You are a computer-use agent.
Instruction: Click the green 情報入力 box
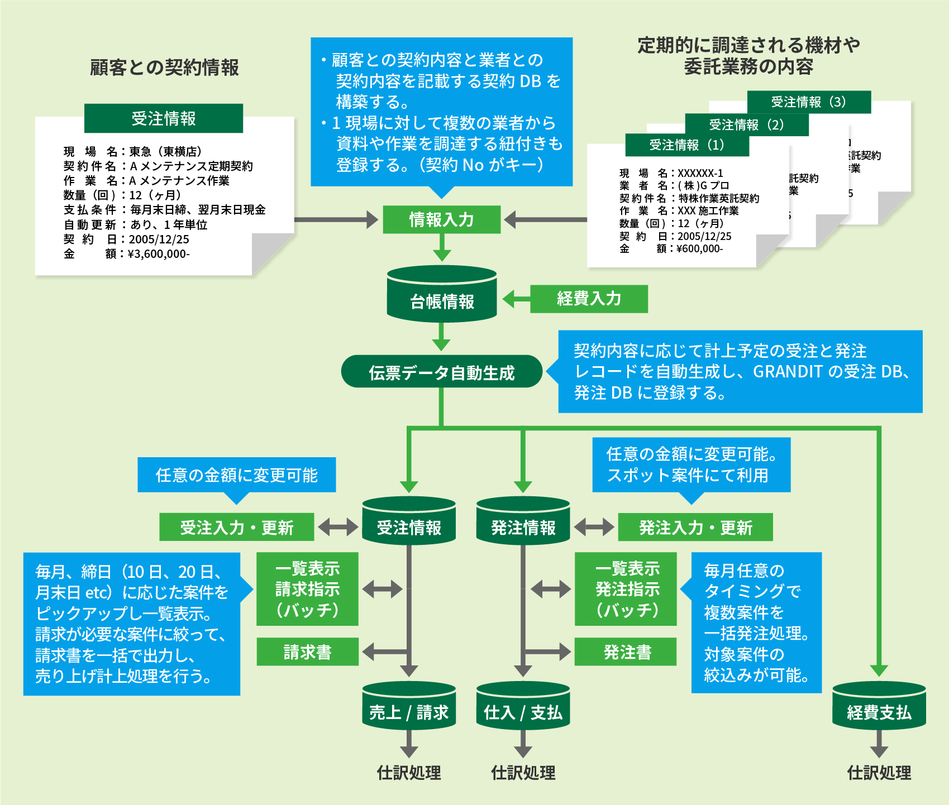coord(441,219)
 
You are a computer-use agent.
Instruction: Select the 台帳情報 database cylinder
coord(442,296)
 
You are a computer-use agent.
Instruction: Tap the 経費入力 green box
coord(589,299)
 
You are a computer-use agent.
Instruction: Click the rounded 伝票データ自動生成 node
coord(441,372)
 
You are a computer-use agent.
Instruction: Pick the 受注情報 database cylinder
coord(409,523)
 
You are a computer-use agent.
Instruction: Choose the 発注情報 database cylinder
coord(523,523)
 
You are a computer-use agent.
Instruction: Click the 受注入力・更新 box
coord(236,527)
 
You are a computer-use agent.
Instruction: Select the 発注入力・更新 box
coord(695,527)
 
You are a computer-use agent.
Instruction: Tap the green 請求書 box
coord(307,651)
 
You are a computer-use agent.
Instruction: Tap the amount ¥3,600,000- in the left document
coord(159,254)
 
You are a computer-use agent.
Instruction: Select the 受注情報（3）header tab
coord(809,102)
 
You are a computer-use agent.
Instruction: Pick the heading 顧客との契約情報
coord(164,68)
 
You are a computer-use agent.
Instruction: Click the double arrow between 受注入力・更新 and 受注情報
coord(338,526)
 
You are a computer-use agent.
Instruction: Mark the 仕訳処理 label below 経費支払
coord(879,773)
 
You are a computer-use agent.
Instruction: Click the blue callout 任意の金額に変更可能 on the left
coord(236,475)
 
